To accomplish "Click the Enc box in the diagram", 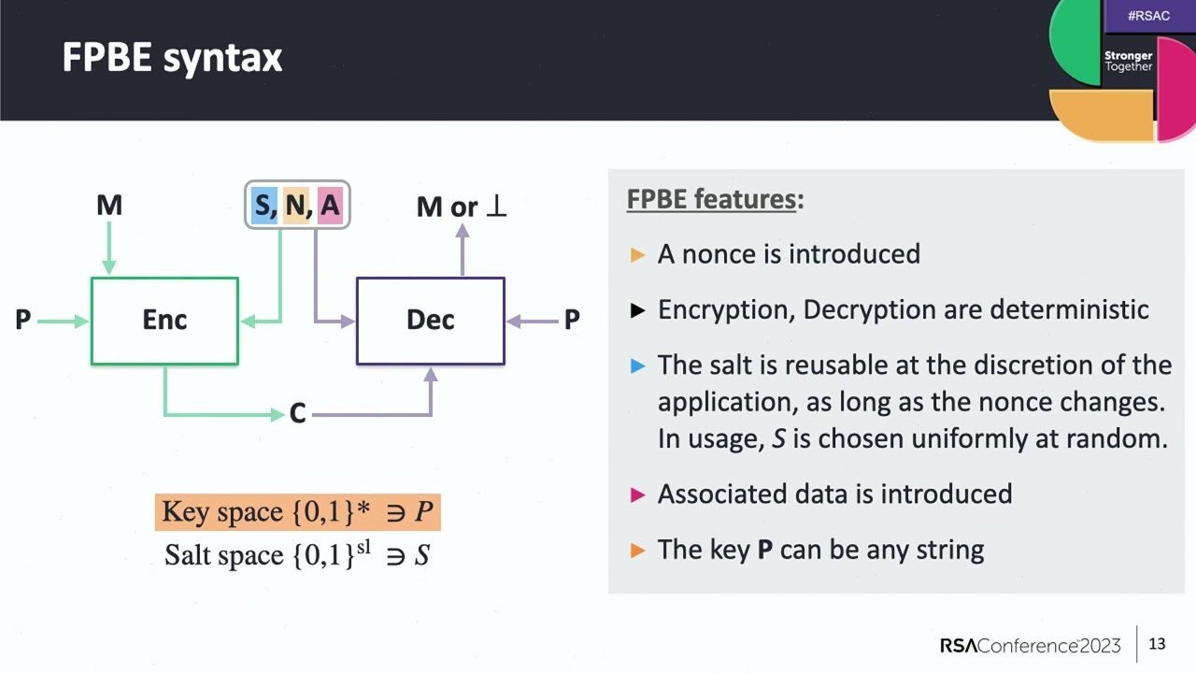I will point(164,321).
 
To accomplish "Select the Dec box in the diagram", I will point(430,321).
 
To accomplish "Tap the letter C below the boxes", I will point(297,413).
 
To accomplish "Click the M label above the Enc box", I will point(109,206).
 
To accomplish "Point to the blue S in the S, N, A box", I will point(263,206).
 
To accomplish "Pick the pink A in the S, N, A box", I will point(330,206).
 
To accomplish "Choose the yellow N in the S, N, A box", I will point(296,206).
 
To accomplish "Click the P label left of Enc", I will point(23,321).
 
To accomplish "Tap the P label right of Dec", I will point(571,321).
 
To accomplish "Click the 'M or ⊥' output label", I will point(462,207).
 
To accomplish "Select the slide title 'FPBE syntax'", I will point(172,58).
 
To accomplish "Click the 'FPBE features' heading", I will point(711,199).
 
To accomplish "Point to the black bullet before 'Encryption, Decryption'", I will point(638,310).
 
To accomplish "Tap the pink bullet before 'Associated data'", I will point(638,494).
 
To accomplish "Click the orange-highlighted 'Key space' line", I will point(297,512).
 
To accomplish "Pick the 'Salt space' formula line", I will point(297,555).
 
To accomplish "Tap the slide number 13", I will point(1157,644).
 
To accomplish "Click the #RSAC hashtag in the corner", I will point(1148,16).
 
